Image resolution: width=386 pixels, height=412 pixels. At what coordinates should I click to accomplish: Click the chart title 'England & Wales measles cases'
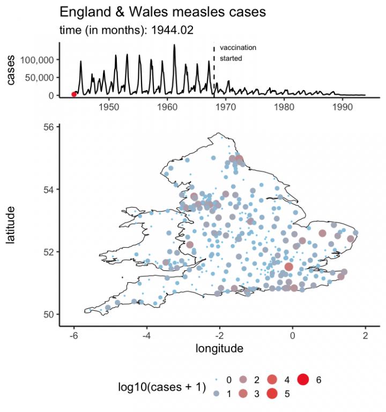[x=162, y=12]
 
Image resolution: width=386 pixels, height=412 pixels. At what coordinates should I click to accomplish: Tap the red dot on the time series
[x=74, y=94]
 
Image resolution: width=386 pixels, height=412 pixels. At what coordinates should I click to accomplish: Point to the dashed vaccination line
[x=214, y=70]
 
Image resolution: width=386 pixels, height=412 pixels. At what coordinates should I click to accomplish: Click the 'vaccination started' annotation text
[x=237, y=53]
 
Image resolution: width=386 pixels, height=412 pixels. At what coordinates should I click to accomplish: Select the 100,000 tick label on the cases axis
[x=36, y=60]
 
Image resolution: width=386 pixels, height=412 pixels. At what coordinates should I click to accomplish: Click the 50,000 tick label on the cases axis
[x=39, y=77]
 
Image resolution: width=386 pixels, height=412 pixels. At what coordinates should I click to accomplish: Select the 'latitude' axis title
[x=11, y=225]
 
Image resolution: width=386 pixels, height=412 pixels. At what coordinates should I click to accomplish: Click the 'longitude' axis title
[x=219, y=349]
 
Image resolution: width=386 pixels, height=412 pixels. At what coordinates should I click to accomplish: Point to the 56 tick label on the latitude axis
[x=48, y=127]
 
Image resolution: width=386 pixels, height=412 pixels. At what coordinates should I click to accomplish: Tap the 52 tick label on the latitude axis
[x=48, y=252]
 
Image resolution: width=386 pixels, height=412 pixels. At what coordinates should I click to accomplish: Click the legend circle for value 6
[x=303, y=380]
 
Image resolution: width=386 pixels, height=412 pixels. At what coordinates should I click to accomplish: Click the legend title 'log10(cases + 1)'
[x=162, y=387]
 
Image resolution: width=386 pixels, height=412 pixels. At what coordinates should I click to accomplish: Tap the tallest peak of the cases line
[x=174, y=45]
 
